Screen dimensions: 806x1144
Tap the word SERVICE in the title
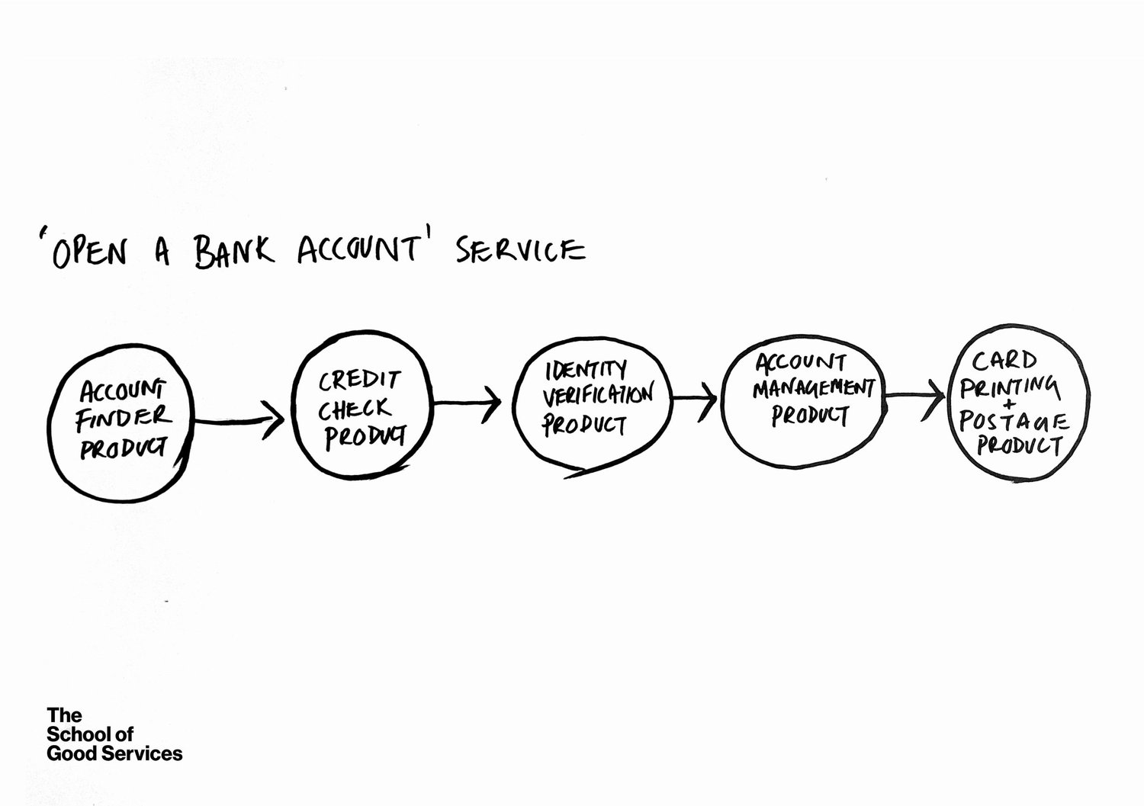(521, 249)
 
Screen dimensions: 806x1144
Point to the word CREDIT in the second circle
(358, 379)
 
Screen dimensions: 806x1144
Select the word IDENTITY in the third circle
(586, 371)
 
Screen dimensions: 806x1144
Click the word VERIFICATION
(597, 396)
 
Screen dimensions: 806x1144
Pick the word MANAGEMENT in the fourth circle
(813, 388)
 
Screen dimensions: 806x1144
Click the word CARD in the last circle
(1004, 360)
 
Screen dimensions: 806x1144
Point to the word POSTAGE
(1014, 421)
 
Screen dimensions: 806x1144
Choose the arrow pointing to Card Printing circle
(914, 396)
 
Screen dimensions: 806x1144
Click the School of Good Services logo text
(114, 734)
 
